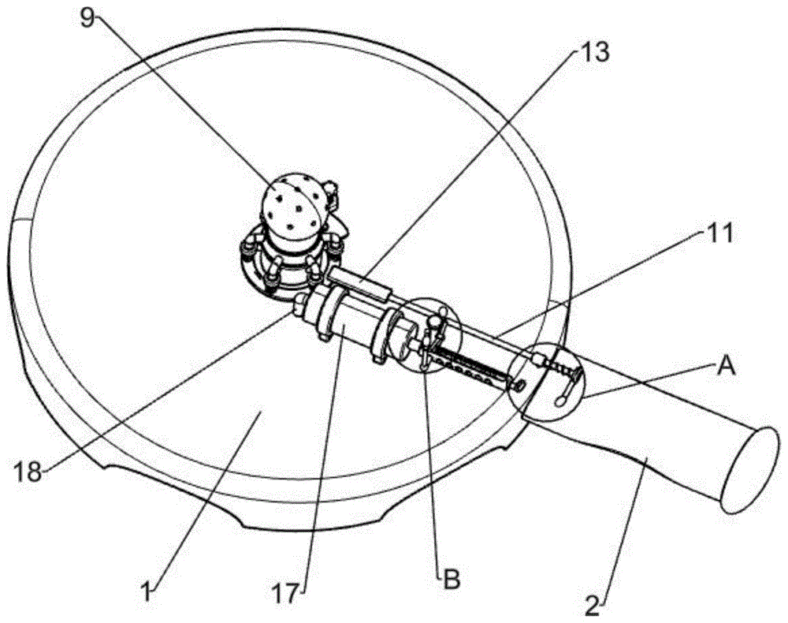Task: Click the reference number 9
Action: (88, 18)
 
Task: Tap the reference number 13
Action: (593, 52)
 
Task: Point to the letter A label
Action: (725, 367)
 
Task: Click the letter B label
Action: (451, 580)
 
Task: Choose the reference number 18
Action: (28, 472)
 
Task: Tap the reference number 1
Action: (146, 591)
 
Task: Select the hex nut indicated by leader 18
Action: (301, 304)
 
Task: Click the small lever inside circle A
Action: (568, 385)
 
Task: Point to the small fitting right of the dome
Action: (331, 196)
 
